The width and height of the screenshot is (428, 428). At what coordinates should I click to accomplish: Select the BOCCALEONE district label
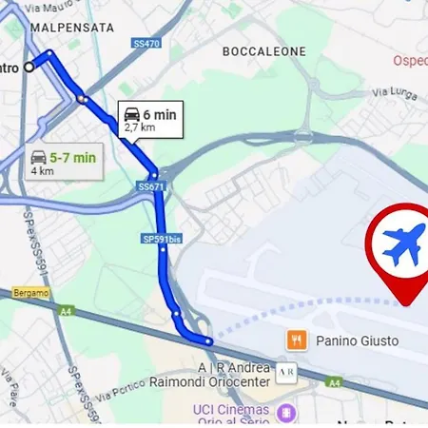263,50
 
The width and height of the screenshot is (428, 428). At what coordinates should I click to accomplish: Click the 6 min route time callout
150,119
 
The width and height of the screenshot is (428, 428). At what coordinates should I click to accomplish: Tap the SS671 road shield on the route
151,187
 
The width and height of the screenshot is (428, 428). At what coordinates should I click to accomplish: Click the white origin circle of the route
29,67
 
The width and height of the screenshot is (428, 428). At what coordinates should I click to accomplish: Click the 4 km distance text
42,172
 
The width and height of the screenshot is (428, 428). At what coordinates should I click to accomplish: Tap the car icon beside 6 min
132,114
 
